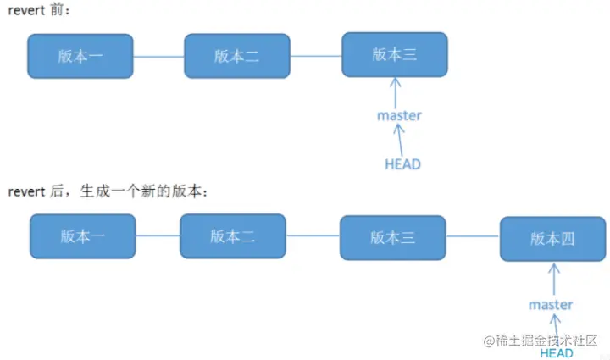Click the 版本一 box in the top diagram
(x=80, y=56)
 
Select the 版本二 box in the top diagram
(x=236, y=56)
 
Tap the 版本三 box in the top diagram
(x=394, y=55)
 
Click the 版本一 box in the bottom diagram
(x=82, y=235)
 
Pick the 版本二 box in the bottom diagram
(x=232, y=235)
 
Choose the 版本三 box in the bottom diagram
(x=392, y=237)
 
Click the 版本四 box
(x=552, y=239)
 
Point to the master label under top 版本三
(x=399, y=115)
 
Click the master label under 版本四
(x=551, y=304)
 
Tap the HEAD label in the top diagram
(x=402, y=164)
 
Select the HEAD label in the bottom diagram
(x=557, y=352)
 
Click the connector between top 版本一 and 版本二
(x=158, y=57)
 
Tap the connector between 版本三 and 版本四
(x=472, y=237)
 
